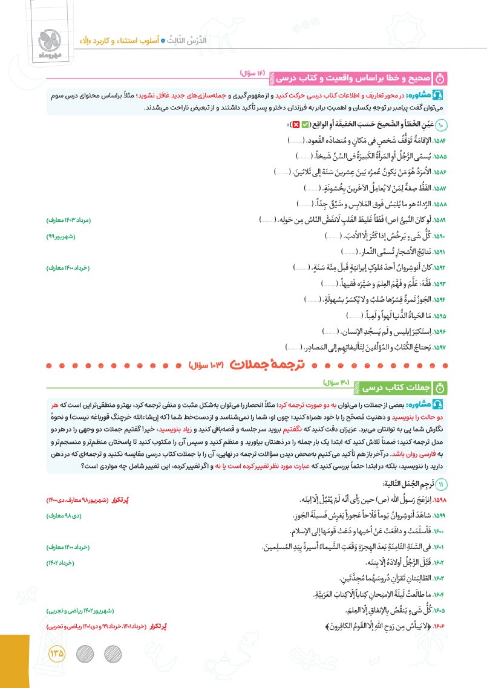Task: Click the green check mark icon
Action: tap(306, 125)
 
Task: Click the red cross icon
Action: tap(296, 125)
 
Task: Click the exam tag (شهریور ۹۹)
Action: tap(64, 235)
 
